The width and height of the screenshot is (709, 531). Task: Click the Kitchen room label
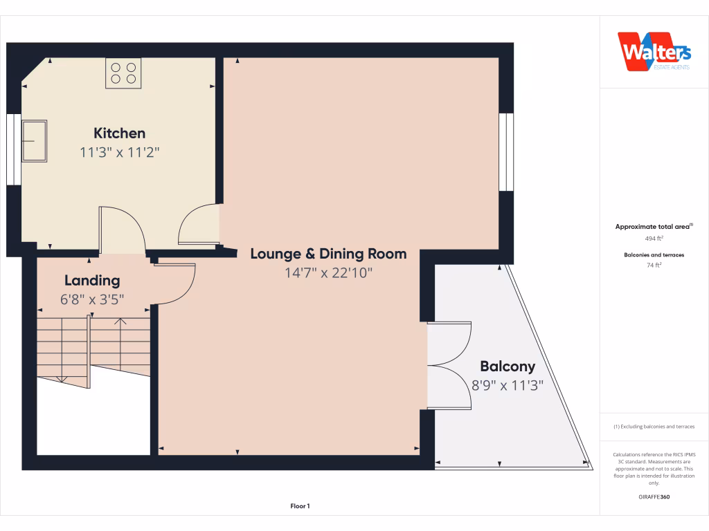(120, 133)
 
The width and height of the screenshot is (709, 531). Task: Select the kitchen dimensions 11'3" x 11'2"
(120, 152)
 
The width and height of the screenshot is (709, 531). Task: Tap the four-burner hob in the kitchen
(123, 73)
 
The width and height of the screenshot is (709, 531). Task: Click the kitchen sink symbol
(34, 140)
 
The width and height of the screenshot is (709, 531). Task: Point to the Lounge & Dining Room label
(328, 254)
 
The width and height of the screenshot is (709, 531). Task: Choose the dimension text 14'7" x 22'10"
(328, 273)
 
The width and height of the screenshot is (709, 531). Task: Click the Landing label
(92, 281)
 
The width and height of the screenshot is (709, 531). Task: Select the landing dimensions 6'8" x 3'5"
(92, 299)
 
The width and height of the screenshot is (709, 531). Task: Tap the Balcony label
(508, 366)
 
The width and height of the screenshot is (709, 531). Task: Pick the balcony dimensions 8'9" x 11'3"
(508, 385)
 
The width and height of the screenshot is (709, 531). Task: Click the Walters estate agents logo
(654, 52)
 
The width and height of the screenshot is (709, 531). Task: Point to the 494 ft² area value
(654, 238)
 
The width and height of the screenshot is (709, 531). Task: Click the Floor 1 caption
(300, 506)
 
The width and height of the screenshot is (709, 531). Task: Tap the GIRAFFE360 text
(654, 496)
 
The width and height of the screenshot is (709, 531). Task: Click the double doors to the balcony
(449, 365)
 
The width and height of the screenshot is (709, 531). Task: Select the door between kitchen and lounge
(199, 225)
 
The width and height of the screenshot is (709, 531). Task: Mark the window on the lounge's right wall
(506, 152)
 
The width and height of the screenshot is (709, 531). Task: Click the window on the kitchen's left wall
(13, 149)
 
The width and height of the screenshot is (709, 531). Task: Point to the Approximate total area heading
(654, 226)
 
